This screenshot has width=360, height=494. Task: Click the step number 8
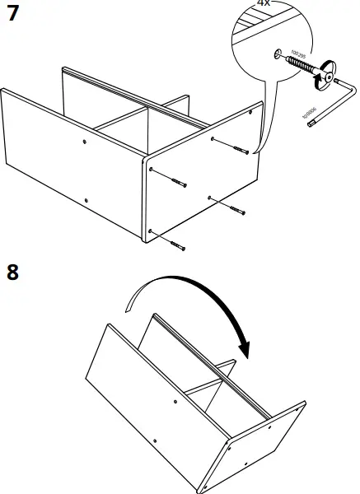(12, 272)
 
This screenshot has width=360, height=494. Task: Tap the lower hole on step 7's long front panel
(86, 198)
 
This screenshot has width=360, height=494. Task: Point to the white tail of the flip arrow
(132, 305)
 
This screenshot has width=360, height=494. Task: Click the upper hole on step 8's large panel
(176, 401)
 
